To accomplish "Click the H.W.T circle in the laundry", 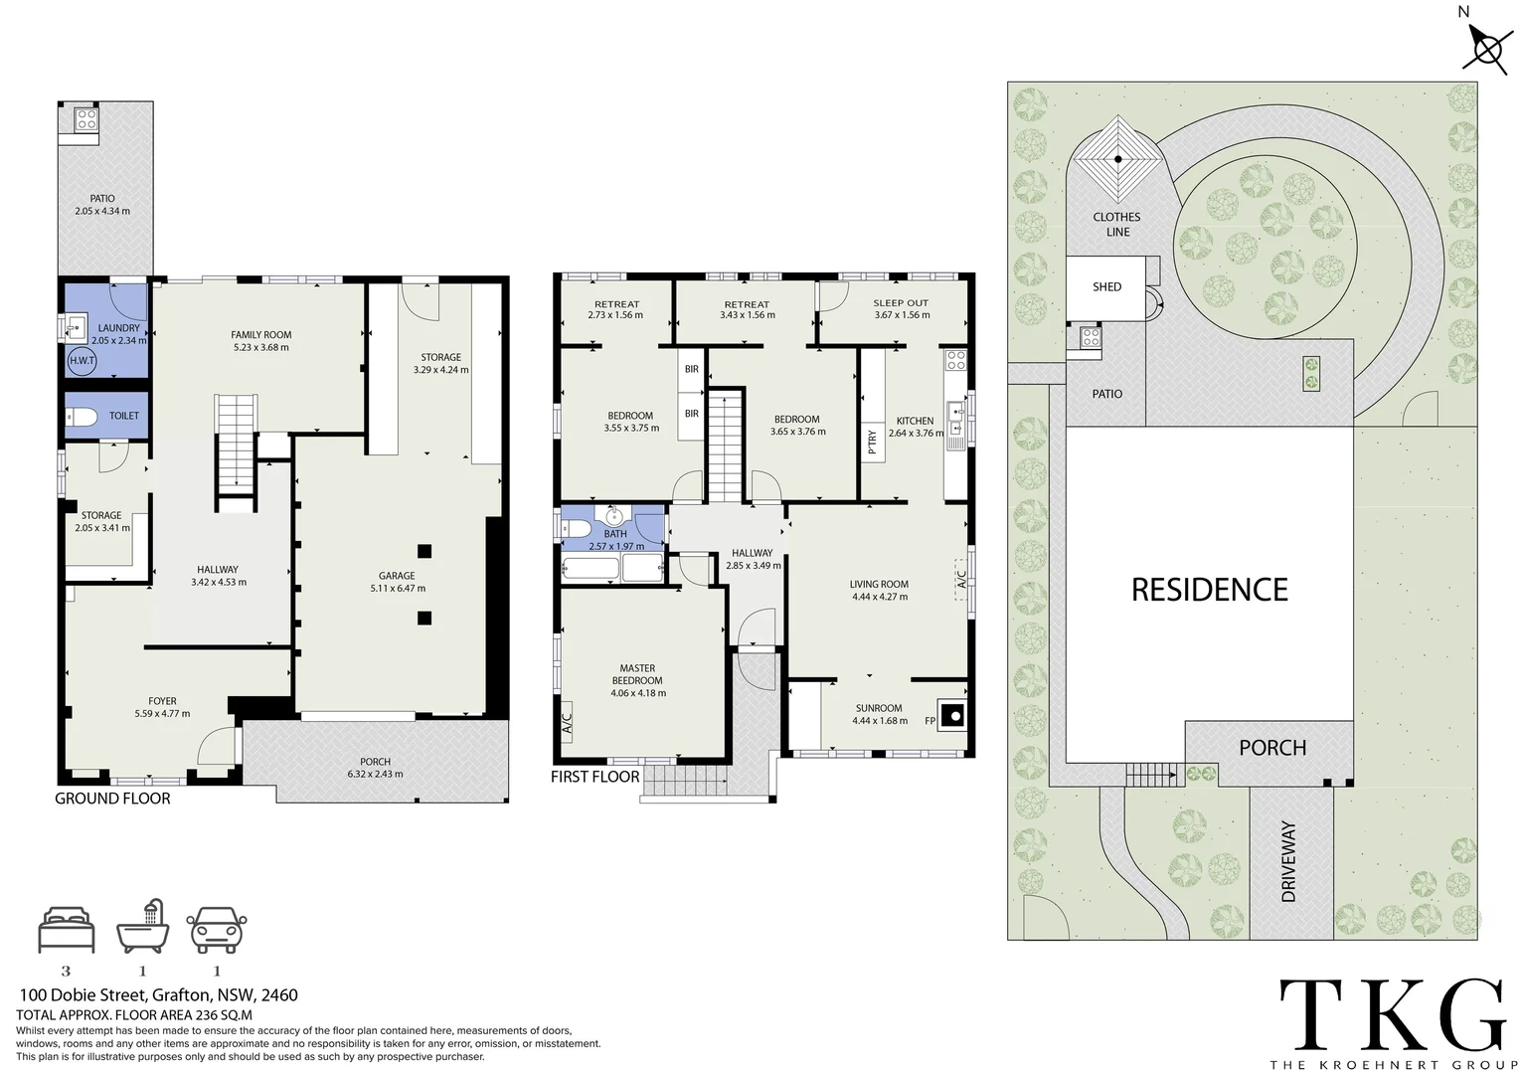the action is [x=83, y=360].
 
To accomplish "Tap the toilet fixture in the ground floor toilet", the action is [x=82, y=416].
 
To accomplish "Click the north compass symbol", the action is [x=1487, y=49].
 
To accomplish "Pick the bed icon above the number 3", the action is [x=66, y=930].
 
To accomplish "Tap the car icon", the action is [x=217, y=930].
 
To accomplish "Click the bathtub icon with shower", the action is [x=142, y=928].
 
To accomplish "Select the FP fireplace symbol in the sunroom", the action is [x=952, y=715].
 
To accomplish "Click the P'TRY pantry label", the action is [x=872, y=441].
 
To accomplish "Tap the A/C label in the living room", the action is [x=961, y=580].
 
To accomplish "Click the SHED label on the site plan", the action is [x=1106, y=287].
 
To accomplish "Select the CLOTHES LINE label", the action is [x=1116, y=225].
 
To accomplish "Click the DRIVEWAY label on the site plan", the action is [x=1288, y=861].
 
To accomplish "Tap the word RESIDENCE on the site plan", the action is [x=1210, y=590].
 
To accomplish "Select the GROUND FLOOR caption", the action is [x=112, y=799].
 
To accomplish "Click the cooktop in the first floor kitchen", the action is [x=956, y=360].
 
